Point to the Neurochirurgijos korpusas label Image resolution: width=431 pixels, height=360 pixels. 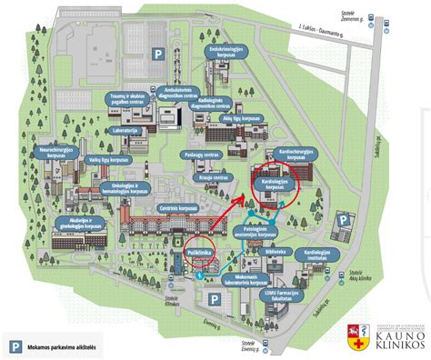click(56, 147)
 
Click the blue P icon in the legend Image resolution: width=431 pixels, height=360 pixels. click(15, 345)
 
